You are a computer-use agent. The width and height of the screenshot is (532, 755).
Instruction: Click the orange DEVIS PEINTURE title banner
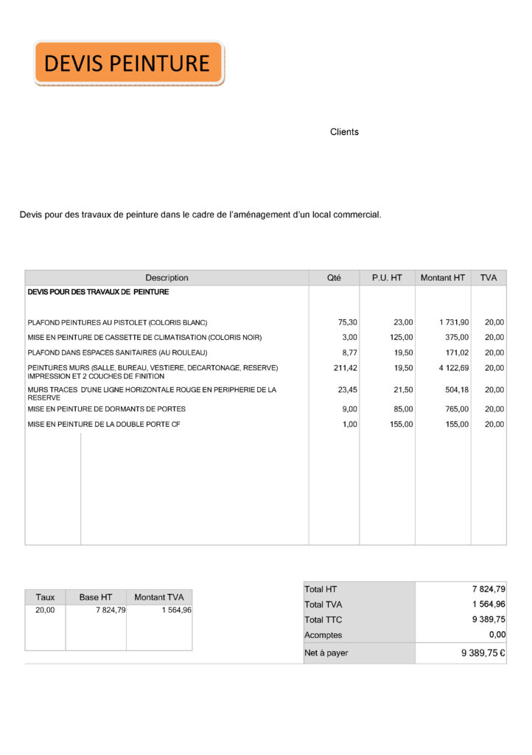(128, 63)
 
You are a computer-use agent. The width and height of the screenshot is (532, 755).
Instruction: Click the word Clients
(344, 132)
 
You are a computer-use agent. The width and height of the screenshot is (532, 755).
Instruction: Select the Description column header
(167, 278)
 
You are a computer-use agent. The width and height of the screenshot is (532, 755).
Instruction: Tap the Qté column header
(334, 278)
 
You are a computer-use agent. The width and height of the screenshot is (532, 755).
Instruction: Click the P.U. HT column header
(387, 278)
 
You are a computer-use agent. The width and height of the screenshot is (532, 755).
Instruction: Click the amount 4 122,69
(453, 368)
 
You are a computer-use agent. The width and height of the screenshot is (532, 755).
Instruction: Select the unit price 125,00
(401, 338)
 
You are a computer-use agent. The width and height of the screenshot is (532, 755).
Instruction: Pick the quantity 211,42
(345, 368)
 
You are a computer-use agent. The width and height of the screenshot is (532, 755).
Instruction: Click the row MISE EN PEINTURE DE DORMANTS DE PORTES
(106, 409)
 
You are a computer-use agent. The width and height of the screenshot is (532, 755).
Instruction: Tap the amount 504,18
(456, 390)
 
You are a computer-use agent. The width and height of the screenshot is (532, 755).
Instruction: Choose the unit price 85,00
(403, 409)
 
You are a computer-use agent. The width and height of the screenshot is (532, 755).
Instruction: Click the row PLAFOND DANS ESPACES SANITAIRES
(117, 353)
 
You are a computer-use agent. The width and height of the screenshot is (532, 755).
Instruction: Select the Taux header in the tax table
(45, 597)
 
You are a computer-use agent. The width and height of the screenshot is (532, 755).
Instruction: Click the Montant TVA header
(159, 597)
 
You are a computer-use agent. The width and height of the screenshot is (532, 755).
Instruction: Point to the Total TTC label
(323, 620)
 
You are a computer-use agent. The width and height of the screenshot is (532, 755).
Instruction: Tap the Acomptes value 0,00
(497, 635)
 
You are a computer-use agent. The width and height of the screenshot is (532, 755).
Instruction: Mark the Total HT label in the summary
(321, 590)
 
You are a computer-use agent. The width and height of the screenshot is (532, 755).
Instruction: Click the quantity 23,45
(347, 390)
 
